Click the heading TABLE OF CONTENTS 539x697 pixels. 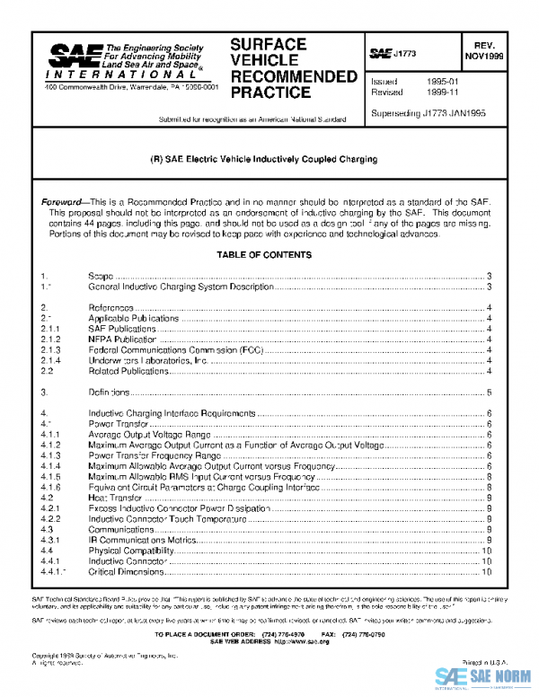point(264,255)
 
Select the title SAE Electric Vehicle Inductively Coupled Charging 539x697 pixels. point(262,159)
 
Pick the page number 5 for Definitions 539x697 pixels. point(488,393)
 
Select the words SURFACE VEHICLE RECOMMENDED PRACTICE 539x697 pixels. point(287,68)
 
